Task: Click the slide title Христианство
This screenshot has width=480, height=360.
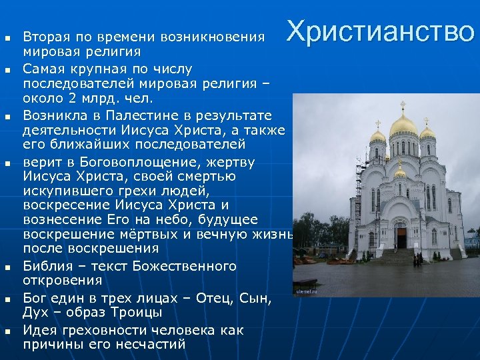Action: (x=381, y=31)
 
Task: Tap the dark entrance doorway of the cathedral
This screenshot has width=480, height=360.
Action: (x=401, y=237)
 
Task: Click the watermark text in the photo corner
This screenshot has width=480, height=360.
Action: (x=307, y=290)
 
